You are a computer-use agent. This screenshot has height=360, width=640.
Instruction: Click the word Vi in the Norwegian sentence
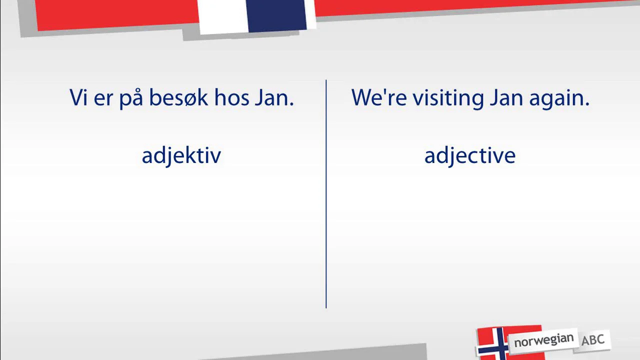pos(78,97)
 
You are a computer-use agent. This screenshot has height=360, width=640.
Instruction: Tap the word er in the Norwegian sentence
pos(103,98)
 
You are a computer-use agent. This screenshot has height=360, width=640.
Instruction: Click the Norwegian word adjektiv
pos(181,155)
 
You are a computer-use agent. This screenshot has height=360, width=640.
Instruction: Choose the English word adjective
pos(469,155)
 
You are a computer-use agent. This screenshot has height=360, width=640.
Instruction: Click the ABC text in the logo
pos(592,340)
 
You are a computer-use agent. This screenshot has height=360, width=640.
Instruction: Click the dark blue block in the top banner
pos(276,15)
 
